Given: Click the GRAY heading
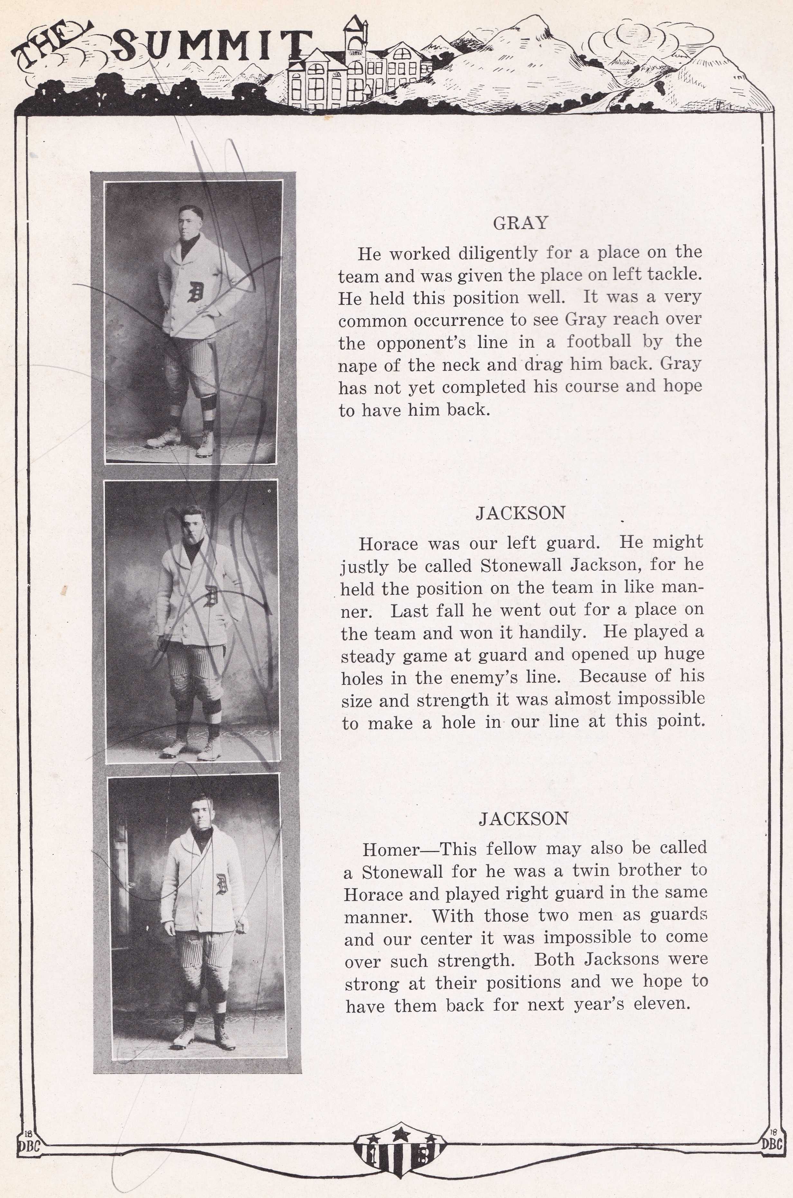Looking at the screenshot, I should click(x=520, y=223).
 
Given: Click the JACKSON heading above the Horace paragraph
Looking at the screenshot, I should click(x=520, y=513).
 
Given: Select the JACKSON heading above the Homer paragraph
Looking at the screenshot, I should click(x=523, y=818).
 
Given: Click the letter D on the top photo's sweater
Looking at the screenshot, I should click(x=195, y=292).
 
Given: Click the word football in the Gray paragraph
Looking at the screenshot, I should click(x=598, y=342).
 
